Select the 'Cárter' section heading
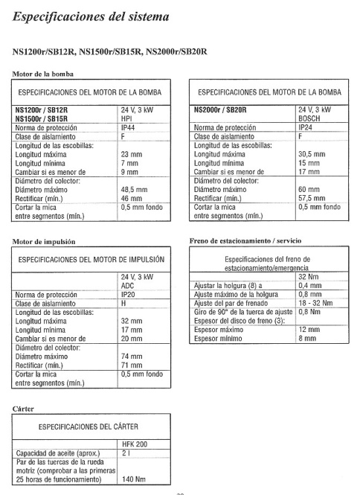(x=25, y=408)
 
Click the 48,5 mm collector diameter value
(x=135, y=190)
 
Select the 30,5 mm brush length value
(x=312, y=154)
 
